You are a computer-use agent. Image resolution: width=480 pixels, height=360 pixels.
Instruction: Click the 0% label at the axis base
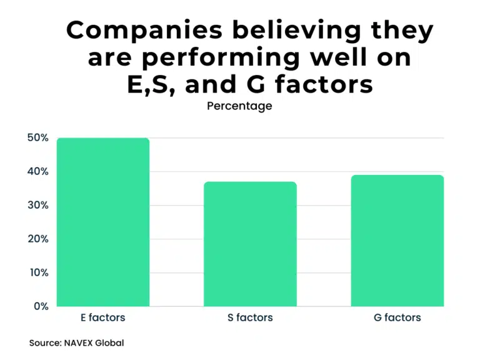(x=40, y=306)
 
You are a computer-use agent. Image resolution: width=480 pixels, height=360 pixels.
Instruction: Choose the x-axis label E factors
(x=103, y=317)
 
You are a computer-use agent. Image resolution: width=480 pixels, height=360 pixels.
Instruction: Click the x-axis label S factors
(x=250, y=317)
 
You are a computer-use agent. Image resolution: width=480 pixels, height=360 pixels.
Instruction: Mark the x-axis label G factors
(x=397, y=317)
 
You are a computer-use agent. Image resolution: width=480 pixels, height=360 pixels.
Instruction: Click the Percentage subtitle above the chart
(x=239, y=106)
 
